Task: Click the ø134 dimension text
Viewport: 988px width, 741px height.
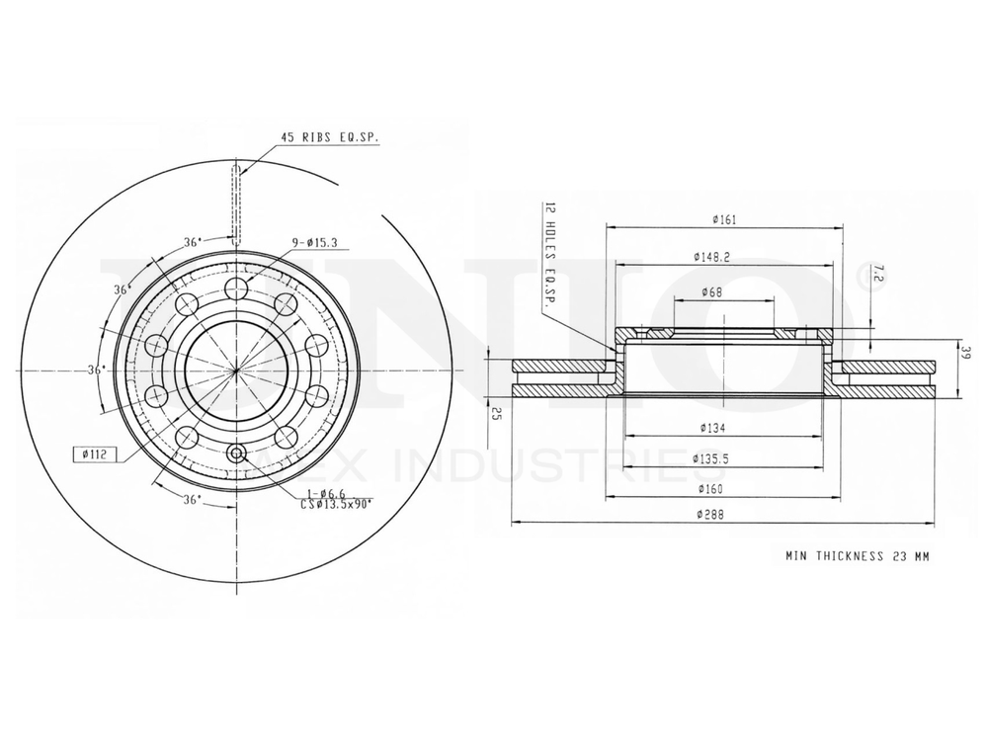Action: pos(713,428)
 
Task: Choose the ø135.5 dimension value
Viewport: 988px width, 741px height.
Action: pos(713,458)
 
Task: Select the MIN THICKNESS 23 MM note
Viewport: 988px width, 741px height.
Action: pos(857,556)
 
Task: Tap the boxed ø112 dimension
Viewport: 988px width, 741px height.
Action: pos(96,454)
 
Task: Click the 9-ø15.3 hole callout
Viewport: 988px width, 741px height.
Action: pos(314,242)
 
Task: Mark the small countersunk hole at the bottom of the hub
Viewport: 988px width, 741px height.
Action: pos(236,453)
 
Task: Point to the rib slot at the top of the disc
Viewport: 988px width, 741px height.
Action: pos(236,203)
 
